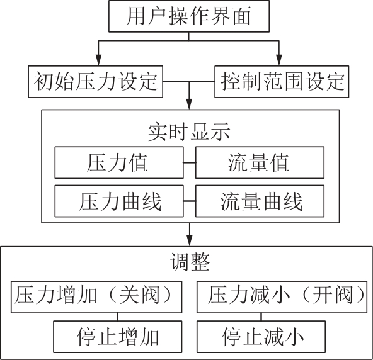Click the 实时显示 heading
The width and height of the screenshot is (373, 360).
(x=189, y=132)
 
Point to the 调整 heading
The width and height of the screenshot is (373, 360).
(x=190, y=262)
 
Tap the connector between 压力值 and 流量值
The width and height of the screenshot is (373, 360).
(x=190, y=162)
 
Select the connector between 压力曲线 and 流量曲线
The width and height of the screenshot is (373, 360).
(x=190, y=201)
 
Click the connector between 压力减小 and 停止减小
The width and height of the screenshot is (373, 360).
(x=261, y=317)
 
